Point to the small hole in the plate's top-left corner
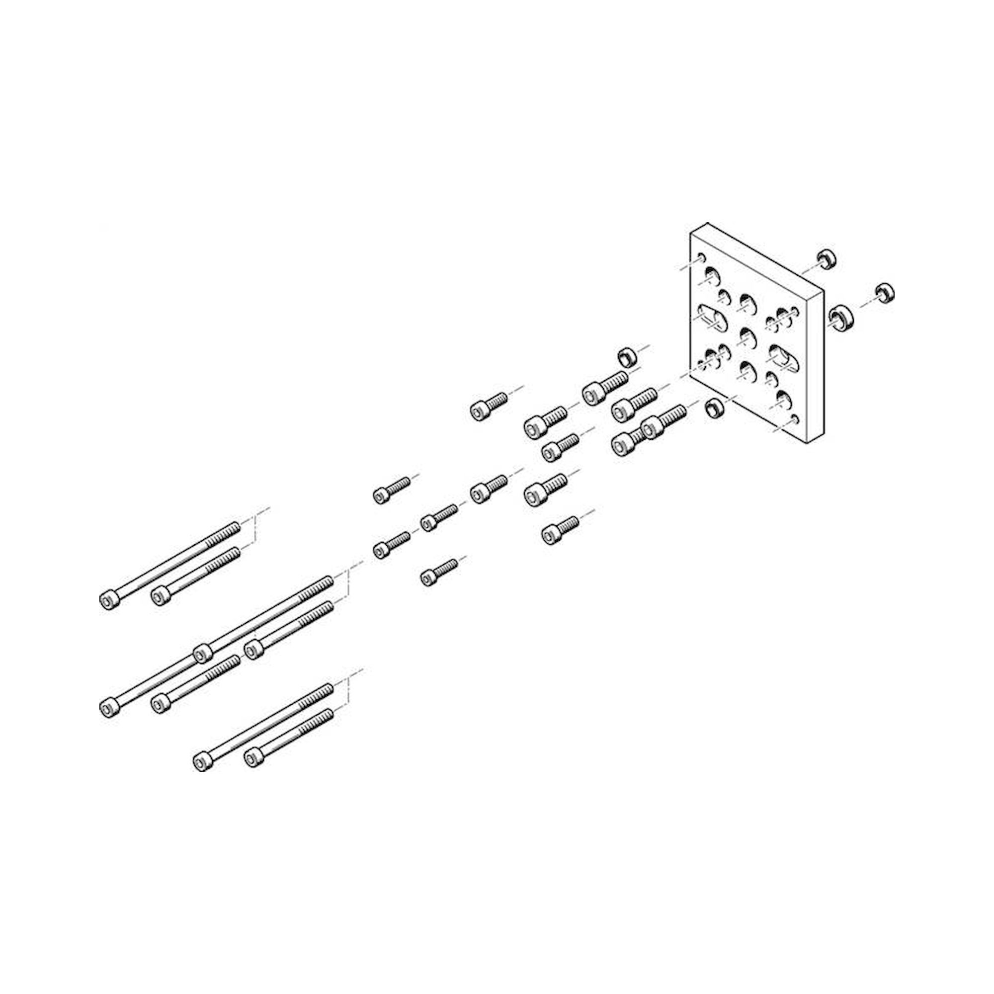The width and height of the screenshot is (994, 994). pos(701,257)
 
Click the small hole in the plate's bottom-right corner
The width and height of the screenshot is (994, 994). pos(795,419)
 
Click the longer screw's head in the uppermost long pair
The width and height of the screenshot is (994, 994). pos(108,599)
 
